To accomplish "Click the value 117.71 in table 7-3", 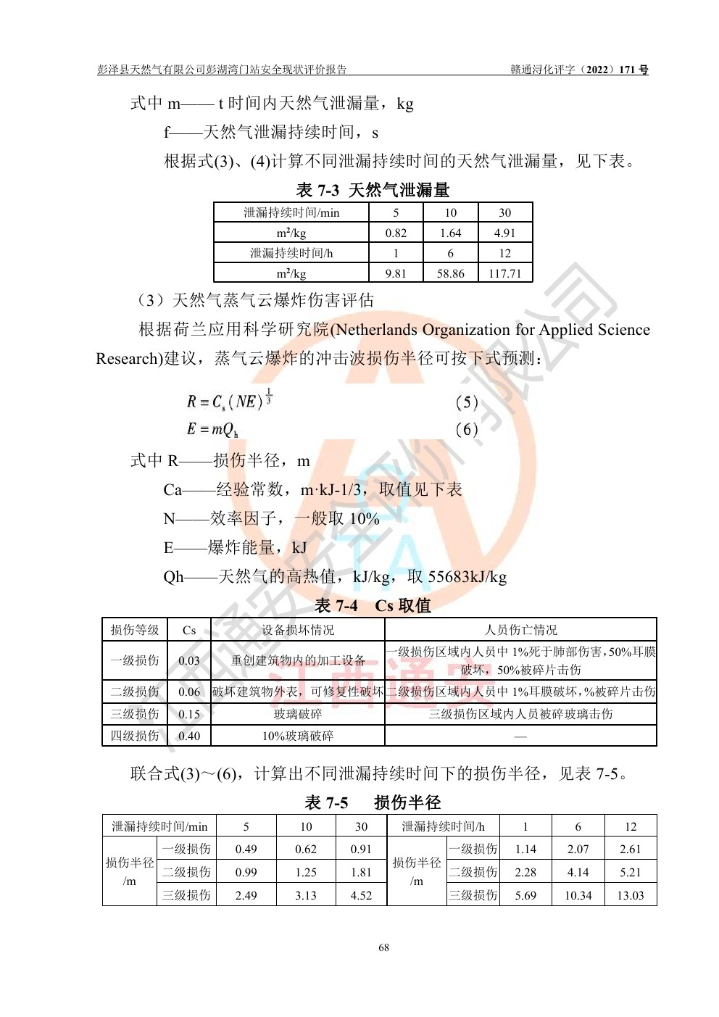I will click(504, 273).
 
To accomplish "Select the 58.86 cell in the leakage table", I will click(450, 273).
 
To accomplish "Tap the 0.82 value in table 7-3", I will click(396, 233).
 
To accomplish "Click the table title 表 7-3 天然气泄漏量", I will click(373, 191).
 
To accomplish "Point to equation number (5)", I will click(466, 402).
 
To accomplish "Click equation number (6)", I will click(466, 430).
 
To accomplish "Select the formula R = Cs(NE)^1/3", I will click(229, 401).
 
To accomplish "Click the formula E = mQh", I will click(212, 430).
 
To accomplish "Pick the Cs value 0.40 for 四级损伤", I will click(189, 736).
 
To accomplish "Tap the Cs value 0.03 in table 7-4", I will click(189, 660).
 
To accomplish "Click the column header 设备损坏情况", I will click(298, 630).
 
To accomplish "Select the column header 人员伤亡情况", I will click(520, 630).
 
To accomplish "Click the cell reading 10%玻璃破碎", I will click(298, 736).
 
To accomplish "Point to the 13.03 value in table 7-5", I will click(630, 895).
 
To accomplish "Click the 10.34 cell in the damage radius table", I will click(578, 895).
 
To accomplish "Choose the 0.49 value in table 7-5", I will click(246, 849).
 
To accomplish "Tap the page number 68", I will click(383, 947).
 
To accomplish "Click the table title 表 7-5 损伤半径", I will click(373, 802).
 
